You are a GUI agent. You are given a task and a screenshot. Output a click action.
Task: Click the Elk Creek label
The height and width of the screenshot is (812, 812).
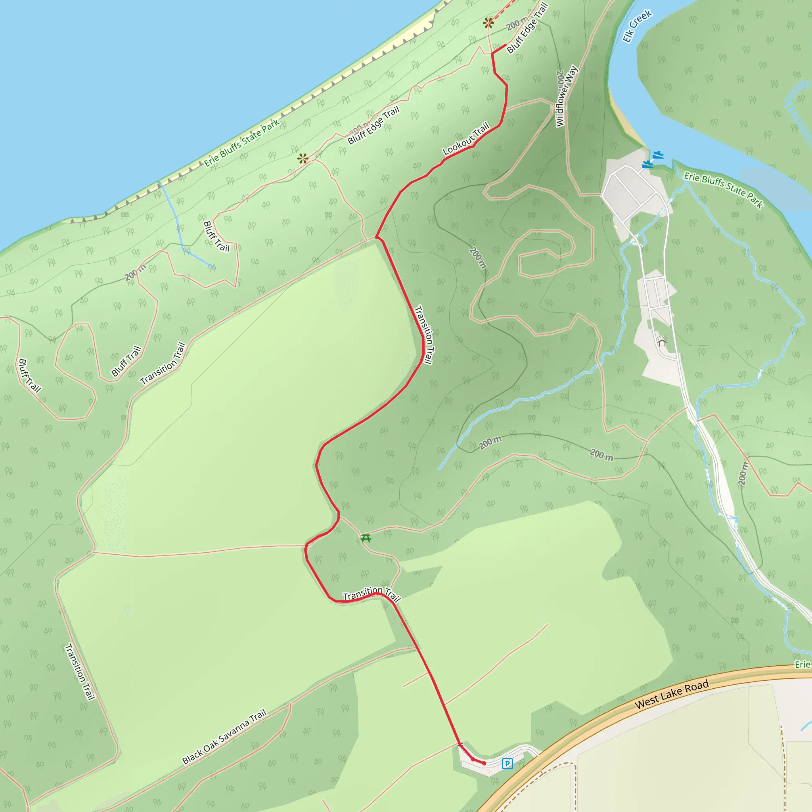pos(637,27)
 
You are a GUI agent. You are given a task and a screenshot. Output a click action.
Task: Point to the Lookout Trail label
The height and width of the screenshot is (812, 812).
pos(466,139)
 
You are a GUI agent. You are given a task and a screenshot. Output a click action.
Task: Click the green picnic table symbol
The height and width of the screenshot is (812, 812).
pos(366,538)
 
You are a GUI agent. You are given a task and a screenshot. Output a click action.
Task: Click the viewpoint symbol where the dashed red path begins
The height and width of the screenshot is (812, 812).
pos(488,23)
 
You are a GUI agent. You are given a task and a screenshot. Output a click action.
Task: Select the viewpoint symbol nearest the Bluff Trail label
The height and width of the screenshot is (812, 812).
pos(303,159)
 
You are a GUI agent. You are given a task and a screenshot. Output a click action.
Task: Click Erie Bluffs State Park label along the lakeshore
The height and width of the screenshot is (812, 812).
pos(242,143)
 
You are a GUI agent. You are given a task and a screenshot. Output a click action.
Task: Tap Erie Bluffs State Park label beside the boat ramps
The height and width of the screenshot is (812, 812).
pos(723,190)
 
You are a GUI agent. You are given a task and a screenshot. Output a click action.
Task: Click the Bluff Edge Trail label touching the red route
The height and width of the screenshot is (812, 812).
pos(527,28)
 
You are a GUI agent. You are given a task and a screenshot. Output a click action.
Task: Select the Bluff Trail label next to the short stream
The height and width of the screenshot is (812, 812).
pos(216,237)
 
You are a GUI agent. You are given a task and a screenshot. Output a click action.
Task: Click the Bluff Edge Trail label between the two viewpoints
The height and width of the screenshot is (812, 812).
pos(373,125)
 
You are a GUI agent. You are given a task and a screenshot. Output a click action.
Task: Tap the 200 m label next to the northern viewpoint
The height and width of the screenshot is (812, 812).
pos(517,23)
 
